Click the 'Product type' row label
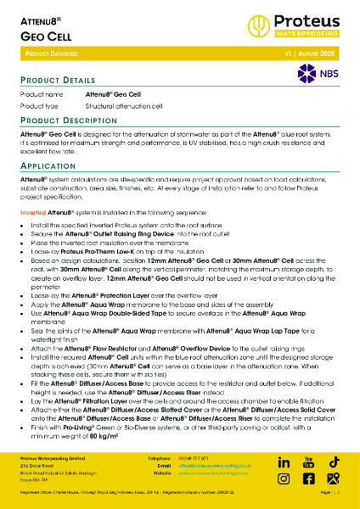click(39, 107)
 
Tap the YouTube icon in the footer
click(308, 462)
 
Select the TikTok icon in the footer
click(333, 462)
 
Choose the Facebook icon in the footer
click(308, 479)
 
